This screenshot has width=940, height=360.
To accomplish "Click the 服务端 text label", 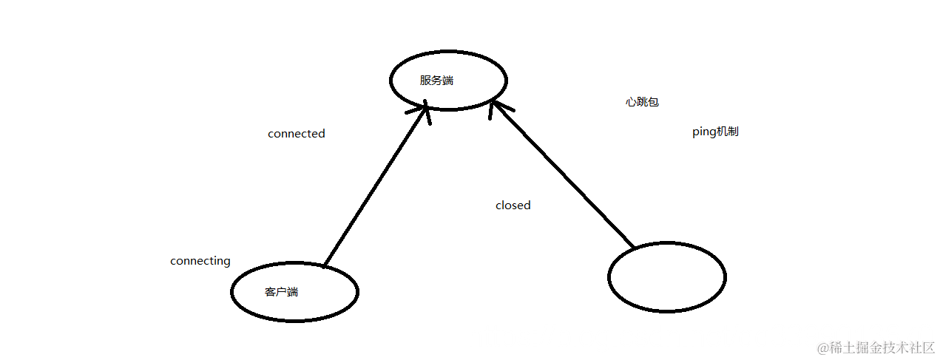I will pos(436,81).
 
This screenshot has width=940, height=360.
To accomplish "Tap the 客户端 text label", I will pos(281,292).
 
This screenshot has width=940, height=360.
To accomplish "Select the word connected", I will pos(296,134).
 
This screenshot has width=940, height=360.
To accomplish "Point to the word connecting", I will pos(200,261).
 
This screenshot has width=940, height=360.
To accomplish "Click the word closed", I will pos(513,206).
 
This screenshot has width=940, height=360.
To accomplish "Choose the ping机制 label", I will pos(714,132).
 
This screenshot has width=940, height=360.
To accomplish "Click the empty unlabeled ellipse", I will pos(666,277).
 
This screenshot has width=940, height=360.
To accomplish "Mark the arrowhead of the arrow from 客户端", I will pos(427,109).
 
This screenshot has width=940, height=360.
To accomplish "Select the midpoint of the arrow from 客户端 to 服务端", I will pos(376,186).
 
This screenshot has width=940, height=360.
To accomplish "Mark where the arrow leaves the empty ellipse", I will pos(633,246).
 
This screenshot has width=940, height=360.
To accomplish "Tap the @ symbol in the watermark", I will pos(822,347).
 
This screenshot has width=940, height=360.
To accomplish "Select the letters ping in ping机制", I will pos(703,132).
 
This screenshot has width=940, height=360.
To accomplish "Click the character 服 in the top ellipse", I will pos(425,81).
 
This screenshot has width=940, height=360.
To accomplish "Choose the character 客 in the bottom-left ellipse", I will pos(270,292).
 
